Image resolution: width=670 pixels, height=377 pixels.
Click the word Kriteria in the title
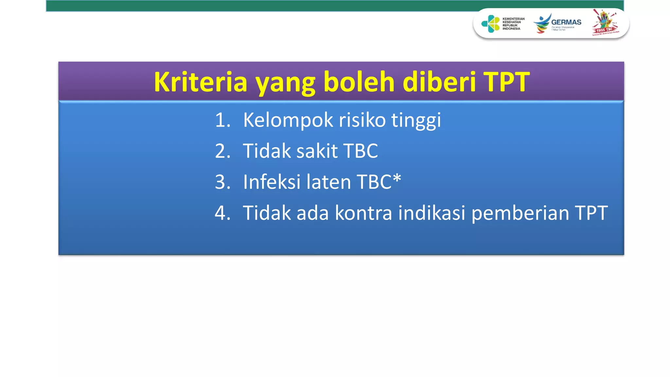200,82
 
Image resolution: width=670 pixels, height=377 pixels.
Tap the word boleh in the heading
359,82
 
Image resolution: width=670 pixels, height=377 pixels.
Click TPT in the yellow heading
506,82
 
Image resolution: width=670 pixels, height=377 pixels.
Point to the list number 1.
222,120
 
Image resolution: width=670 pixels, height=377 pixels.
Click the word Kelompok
288,120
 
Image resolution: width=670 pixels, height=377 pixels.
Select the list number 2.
222,151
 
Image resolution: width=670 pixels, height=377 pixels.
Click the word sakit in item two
317,151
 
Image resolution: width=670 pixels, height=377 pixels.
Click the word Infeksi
272,182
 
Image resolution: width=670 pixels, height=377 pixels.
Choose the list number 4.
222,213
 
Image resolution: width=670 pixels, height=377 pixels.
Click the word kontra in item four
363,213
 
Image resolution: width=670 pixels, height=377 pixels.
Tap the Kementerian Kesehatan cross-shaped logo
490,24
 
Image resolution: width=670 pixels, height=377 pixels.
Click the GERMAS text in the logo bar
566,22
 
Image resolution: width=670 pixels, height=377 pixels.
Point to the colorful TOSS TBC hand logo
605,22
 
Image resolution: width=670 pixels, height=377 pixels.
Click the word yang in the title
285,82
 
